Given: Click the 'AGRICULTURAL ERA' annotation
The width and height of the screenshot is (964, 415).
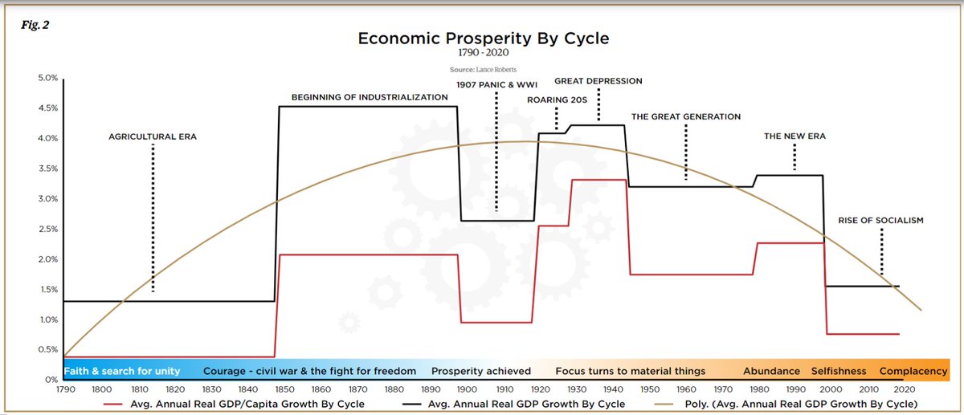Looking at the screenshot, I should click(x=153, y=137).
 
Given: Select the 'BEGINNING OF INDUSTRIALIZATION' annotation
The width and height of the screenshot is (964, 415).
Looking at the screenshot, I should click(x=370, y=97).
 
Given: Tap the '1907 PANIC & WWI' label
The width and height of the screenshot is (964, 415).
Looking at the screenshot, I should click(x=496, y=84).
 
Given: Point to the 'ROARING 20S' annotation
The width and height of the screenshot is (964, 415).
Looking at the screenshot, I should click(x=558, y=100).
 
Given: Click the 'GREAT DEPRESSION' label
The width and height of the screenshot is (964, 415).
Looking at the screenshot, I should click(x=598, y=81).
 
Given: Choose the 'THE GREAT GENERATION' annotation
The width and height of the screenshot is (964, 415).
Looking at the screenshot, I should click(x=686, y=116).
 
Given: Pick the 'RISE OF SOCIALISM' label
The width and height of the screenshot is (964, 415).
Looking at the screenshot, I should click(x=880, y=220).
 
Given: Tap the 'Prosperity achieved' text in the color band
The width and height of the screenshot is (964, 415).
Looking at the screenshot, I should click(x=481, y=371).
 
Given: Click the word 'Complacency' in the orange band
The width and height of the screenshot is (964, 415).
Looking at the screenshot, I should click(x=914, y=371).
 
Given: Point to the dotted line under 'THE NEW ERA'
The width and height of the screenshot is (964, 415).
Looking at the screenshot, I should click(x=794, y=157).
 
